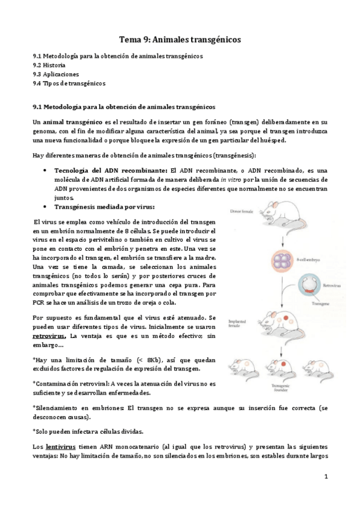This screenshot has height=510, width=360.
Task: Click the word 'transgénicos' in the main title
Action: click(x=213, y=39)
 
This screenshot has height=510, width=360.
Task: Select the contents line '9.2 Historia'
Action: click(x=49, y=65)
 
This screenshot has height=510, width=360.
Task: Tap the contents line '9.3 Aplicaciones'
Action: click(x=56, y=74)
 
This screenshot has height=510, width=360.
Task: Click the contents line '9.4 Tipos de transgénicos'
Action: click(x=69, y=84)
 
